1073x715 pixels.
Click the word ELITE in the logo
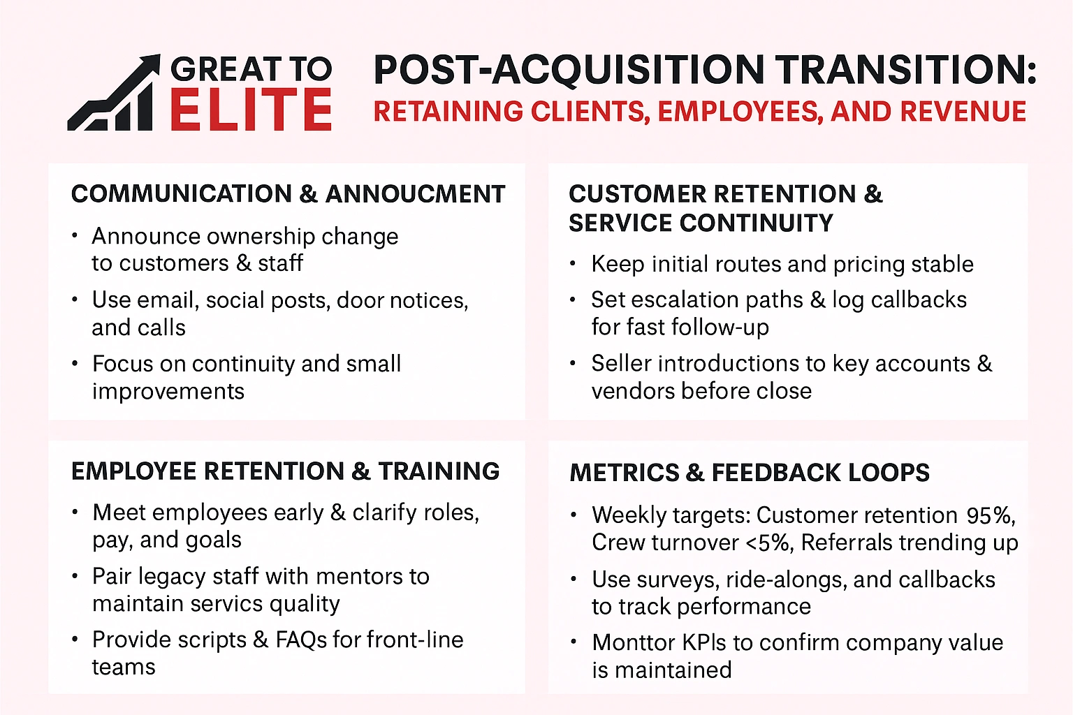tap(251, 110)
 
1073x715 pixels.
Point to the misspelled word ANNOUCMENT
tap(416, 194)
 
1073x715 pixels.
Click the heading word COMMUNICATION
tap(182, 194)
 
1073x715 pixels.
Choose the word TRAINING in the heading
tap(439, 471)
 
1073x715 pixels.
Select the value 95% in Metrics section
tap(990, 515)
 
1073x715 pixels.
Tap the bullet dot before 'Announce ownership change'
tap(75, 235)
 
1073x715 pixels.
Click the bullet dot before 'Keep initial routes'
tap(573, 264)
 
